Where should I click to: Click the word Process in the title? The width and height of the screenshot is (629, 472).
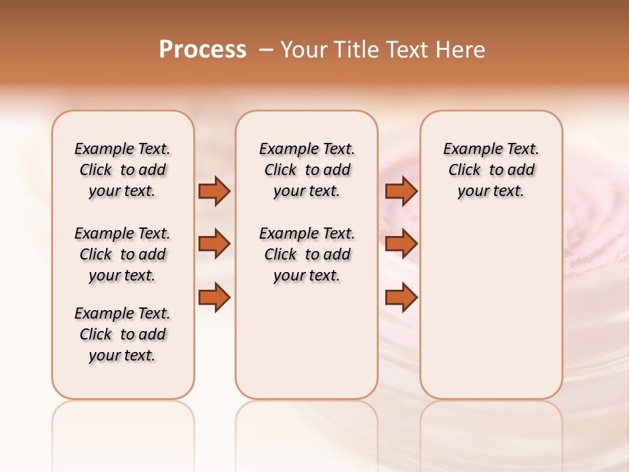202,50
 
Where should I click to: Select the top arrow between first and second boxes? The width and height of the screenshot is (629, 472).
214,191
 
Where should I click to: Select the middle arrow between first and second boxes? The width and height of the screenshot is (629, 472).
214,244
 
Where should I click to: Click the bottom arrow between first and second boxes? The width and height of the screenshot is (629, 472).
214,298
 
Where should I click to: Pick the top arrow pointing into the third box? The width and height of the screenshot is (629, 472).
401,191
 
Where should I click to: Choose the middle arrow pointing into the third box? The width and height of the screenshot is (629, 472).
401,244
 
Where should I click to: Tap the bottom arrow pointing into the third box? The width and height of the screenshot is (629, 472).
401,298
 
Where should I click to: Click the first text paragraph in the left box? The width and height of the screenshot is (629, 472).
123,170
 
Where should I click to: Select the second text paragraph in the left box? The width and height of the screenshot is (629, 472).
123,254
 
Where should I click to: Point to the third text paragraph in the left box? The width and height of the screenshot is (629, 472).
123,334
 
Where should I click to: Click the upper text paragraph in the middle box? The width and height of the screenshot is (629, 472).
307,170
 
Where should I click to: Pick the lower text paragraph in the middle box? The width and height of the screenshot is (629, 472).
307,254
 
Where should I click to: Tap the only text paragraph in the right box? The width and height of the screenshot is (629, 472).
491,170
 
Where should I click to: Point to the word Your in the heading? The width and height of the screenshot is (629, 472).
305,50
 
